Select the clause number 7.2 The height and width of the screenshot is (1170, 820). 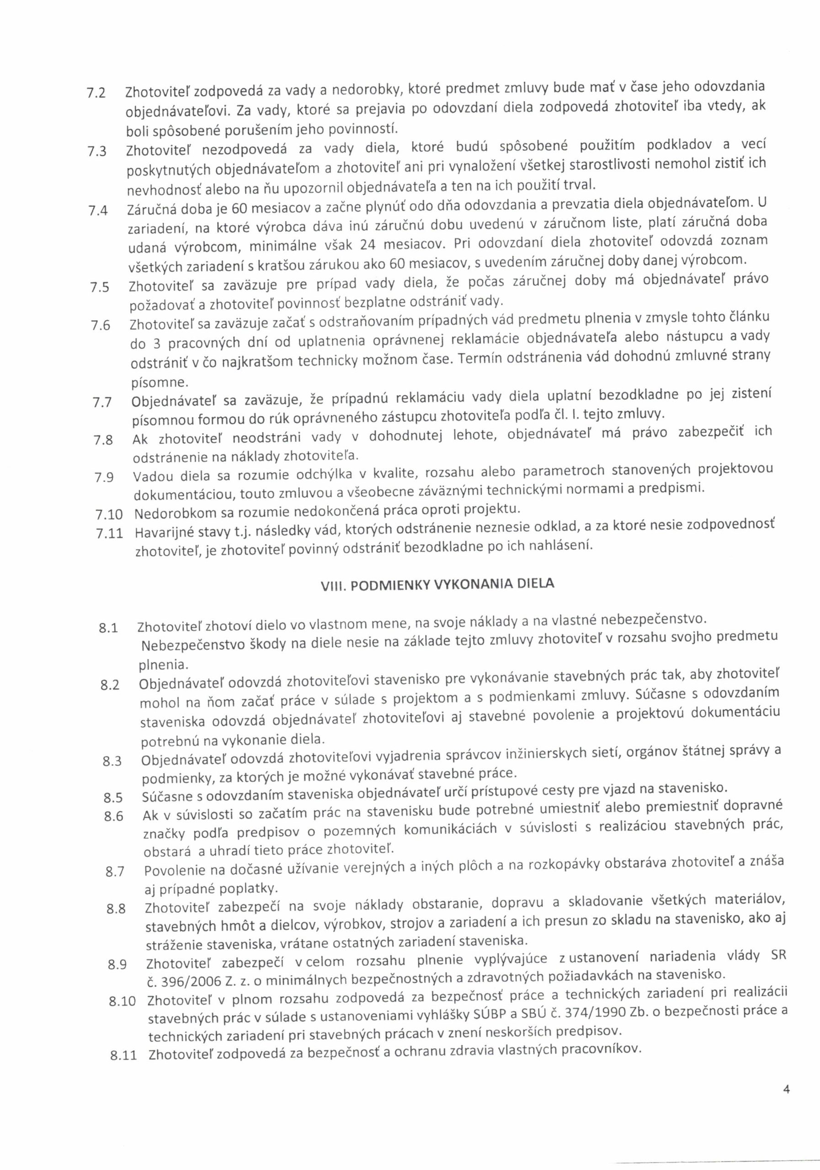point(96,93)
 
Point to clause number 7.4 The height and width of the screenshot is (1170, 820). point(98,209)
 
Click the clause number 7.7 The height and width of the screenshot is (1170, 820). point(102,403)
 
